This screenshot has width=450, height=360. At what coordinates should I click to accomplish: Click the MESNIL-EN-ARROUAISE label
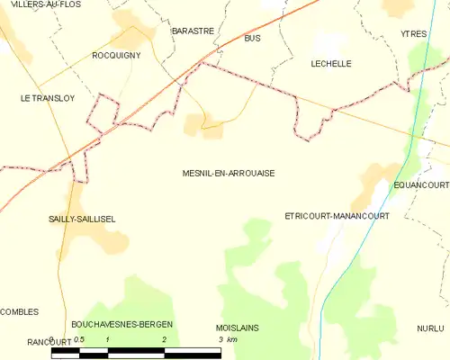[228, 174]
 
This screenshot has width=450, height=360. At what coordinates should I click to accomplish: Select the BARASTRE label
[193, 31]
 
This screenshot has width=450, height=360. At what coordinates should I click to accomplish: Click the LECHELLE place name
[330, 64]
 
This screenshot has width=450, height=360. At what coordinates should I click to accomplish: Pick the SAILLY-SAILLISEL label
[81, 219]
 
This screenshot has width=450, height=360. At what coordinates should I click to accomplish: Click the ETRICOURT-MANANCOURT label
[336, 217]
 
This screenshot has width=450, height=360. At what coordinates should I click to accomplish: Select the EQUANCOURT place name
[421, 184]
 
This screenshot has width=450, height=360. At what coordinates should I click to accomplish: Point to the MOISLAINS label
[238, 328]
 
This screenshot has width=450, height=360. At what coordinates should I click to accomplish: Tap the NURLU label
[430, 328]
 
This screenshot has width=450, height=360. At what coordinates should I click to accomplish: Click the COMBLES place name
[20, 311]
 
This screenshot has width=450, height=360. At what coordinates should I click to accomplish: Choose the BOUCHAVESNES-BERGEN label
[122, 324]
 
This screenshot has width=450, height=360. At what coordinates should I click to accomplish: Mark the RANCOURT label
[24, 341]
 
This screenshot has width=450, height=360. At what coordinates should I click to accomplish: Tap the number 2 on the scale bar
[164, 339]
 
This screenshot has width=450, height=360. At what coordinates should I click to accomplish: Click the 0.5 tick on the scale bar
[79, 339]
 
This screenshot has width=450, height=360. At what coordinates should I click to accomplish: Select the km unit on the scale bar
[231, 339]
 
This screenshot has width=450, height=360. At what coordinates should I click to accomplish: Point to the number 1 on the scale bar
[108, 339]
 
